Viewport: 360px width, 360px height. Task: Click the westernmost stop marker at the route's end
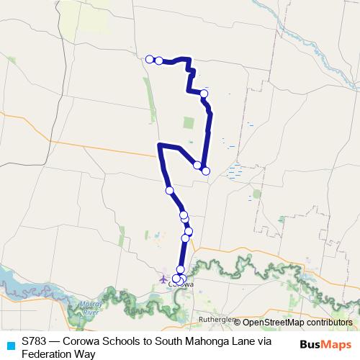150,59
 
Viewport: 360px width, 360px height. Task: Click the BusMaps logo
326,345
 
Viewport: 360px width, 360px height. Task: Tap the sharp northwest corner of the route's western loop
158,145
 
